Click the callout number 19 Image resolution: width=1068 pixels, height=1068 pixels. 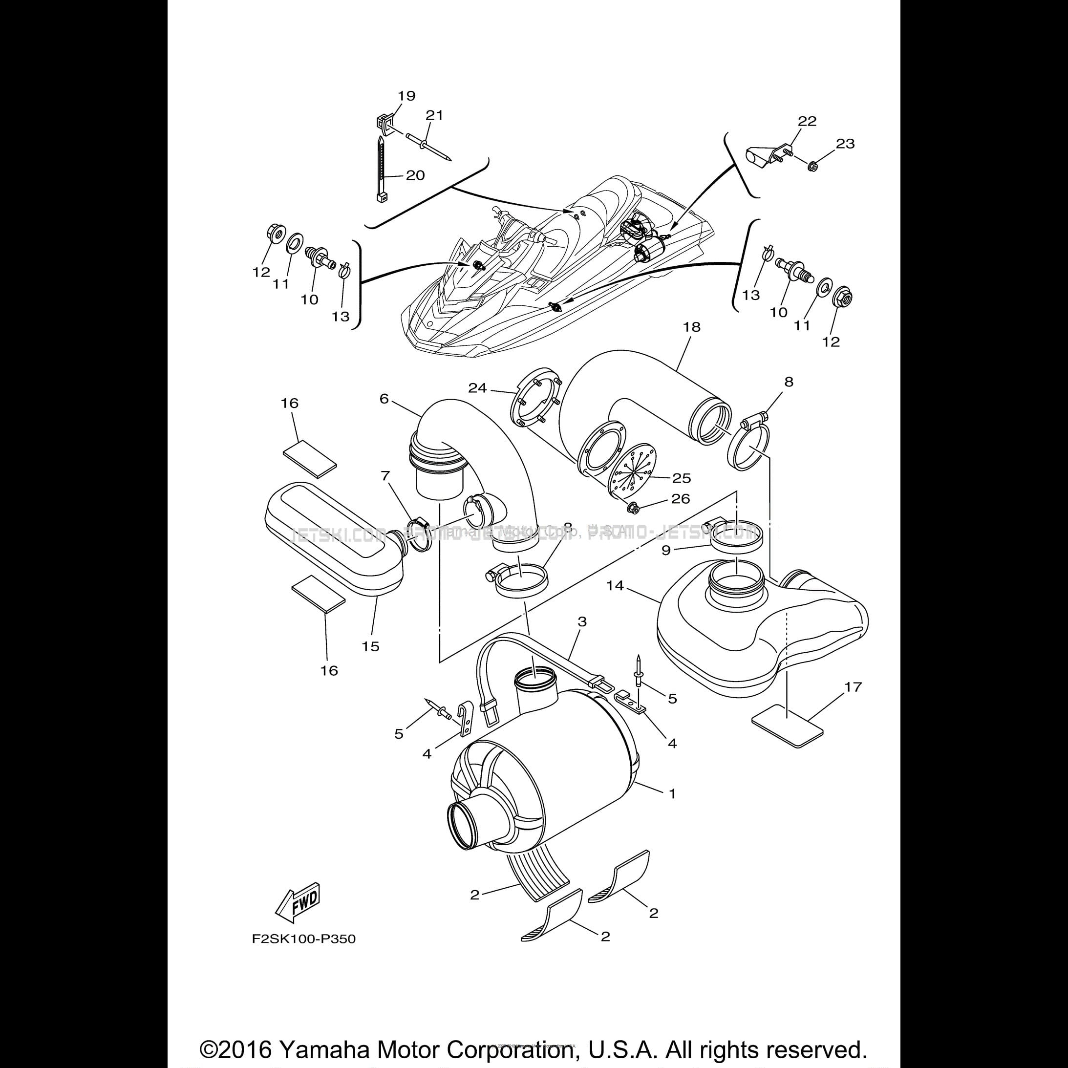point(406,96)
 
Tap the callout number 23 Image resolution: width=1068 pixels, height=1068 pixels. point(845,144)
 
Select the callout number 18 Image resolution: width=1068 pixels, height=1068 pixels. point(691,327)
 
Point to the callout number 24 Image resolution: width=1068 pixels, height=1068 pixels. point(478,388)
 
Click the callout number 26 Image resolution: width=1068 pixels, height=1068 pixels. point(680,499)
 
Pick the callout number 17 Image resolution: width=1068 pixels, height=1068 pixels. point(853,686)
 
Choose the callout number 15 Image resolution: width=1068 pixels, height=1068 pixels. point(370,646)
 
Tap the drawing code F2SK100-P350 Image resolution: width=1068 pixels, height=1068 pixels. point(303,939)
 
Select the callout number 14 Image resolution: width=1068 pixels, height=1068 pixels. point(615,585)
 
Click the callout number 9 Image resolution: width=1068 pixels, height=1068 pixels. point(665,550)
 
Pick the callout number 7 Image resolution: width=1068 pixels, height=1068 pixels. point(385,475)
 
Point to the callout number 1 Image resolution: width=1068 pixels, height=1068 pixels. point(672,793)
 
